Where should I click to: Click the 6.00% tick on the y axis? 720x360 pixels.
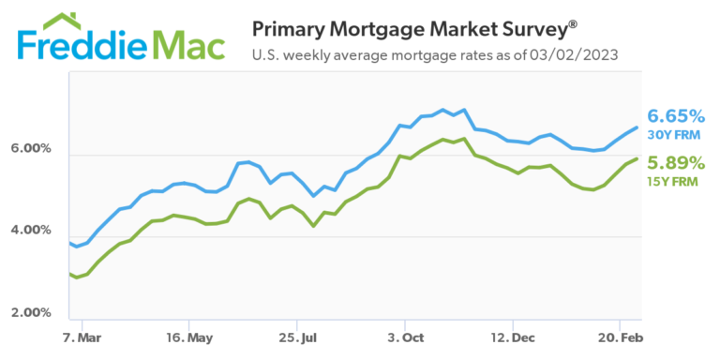tap(31, 149)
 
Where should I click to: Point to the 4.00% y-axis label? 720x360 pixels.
tap(31, 231)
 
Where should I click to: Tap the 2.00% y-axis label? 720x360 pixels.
tap(31, 312)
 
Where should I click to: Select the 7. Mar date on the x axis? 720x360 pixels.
tap(82, 337)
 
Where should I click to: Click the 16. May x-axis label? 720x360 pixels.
tap(188, 337)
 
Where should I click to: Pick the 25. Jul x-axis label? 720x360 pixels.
tap(296, 337)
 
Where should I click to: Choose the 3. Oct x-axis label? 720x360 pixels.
tap(404, 337)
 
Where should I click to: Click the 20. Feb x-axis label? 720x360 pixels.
tap(619, 337)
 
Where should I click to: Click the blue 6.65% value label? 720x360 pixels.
tap(676, 116)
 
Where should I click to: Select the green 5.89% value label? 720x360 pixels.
tap(676, 161)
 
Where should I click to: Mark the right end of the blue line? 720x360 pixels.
tap(637, 127)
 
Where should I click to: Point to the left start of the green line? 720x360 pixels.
tap(70, 274)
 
